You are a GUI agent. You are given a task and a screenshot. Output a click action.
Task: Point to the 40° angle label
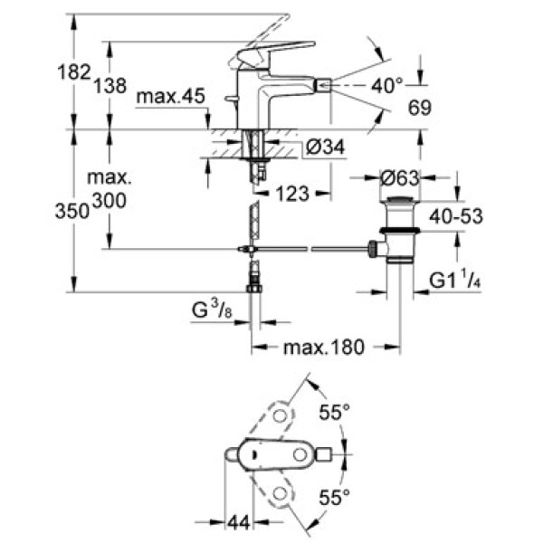click(386, 86)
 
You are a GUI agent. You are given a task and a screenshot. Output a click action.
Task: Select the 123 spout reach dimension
click(296, 193)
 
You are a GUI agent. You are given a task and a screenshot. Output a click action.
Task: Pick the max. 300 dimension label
click(109, 192)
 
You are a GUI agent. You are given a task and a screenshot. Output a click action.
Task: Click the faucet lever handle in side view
click(276, 52)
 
